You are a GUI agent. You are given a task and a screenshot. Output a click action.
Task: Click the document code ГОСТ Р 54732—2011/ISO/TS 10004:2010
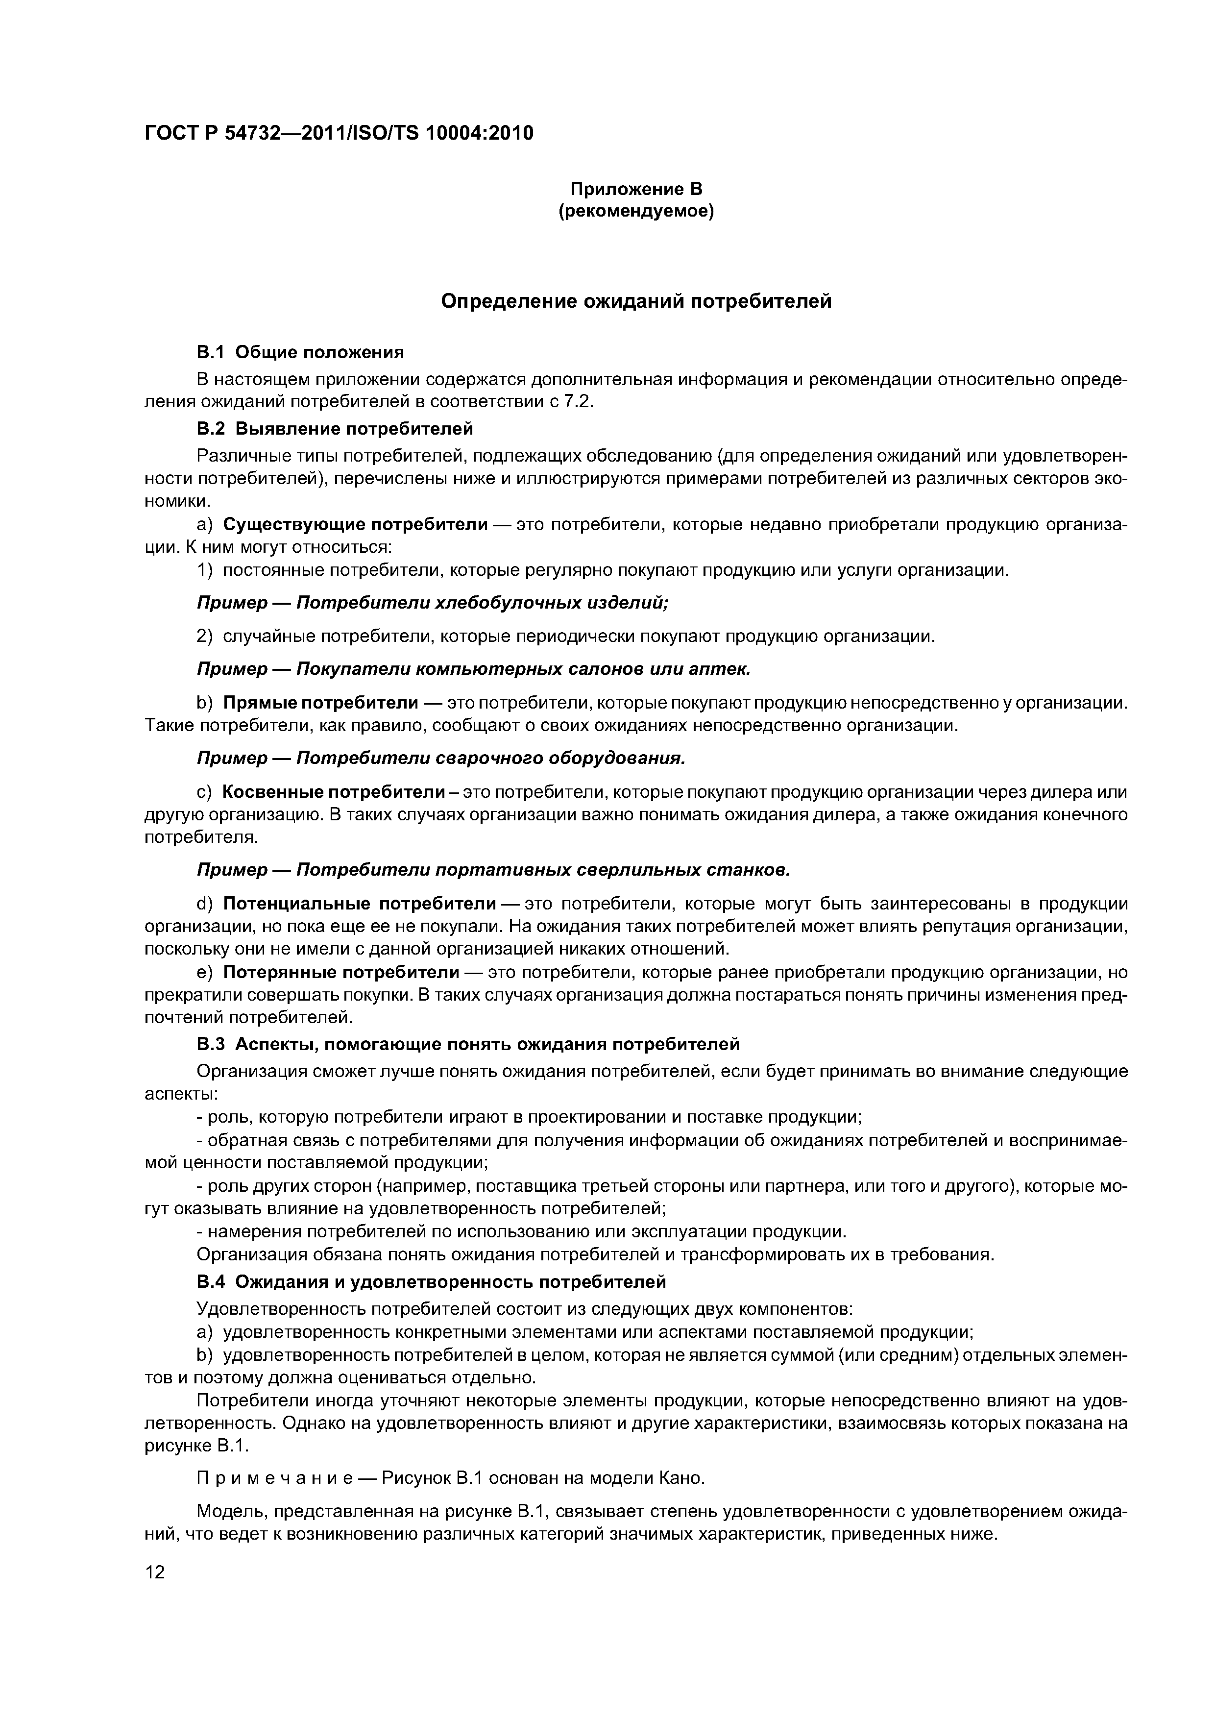[339, 134]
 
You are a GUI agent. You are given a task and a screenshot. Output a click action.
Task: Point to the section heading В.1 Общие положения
[300, 352]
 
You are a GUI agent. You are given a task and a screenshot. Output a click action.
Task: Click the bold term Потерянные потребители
[341, 973]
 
